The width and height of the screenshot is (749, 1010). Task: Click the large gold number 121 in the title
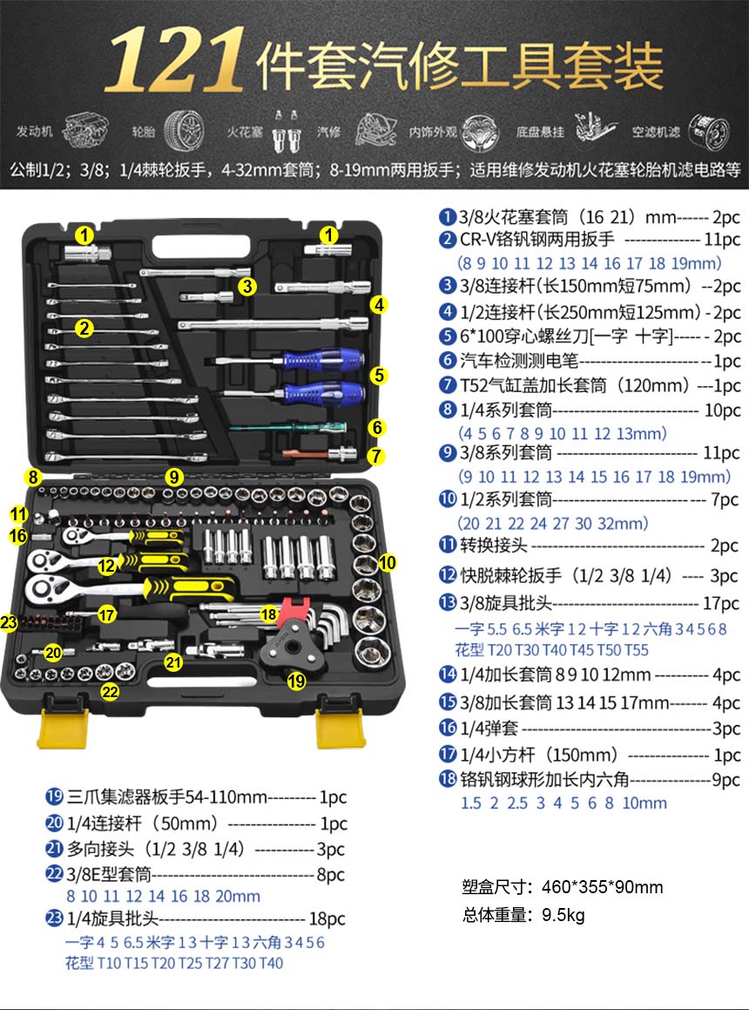pos(175,60)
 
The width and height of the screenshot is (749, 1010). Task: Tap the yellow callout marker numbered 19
pos(296,681)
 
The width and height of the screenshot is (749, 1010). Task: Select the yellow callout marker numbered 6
pos(377,427)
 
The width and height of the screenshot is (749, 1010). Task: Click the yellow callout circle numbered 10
pos(387,562)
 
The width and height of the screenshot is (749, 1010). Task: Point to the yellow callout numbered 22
pos(110,692)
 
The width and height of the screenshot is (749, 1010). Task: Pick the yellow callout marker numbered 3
pos(247,286)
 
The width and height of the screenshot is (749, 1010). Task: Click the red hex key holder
pos(293,611)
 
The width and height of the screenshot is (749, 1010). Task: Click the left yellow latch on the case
pos(63,729)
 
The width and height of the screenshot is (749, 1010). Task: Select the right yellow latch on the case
pos(341,729)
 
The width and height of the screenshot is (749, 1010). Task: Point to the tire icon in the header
pos(184,131)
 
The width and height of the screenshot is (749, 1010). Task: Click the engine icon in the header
pos(84,130)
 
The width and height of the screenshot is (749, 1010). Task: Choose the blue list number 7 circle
pos(448,385)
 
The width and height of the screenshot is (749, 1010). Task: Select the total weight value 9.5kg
pos(563,915)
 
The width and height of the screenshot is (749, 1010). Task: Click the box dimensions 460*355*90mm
pos(602,887)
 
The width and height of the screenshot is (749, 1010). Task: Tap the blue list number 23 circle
pos(55,918)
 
